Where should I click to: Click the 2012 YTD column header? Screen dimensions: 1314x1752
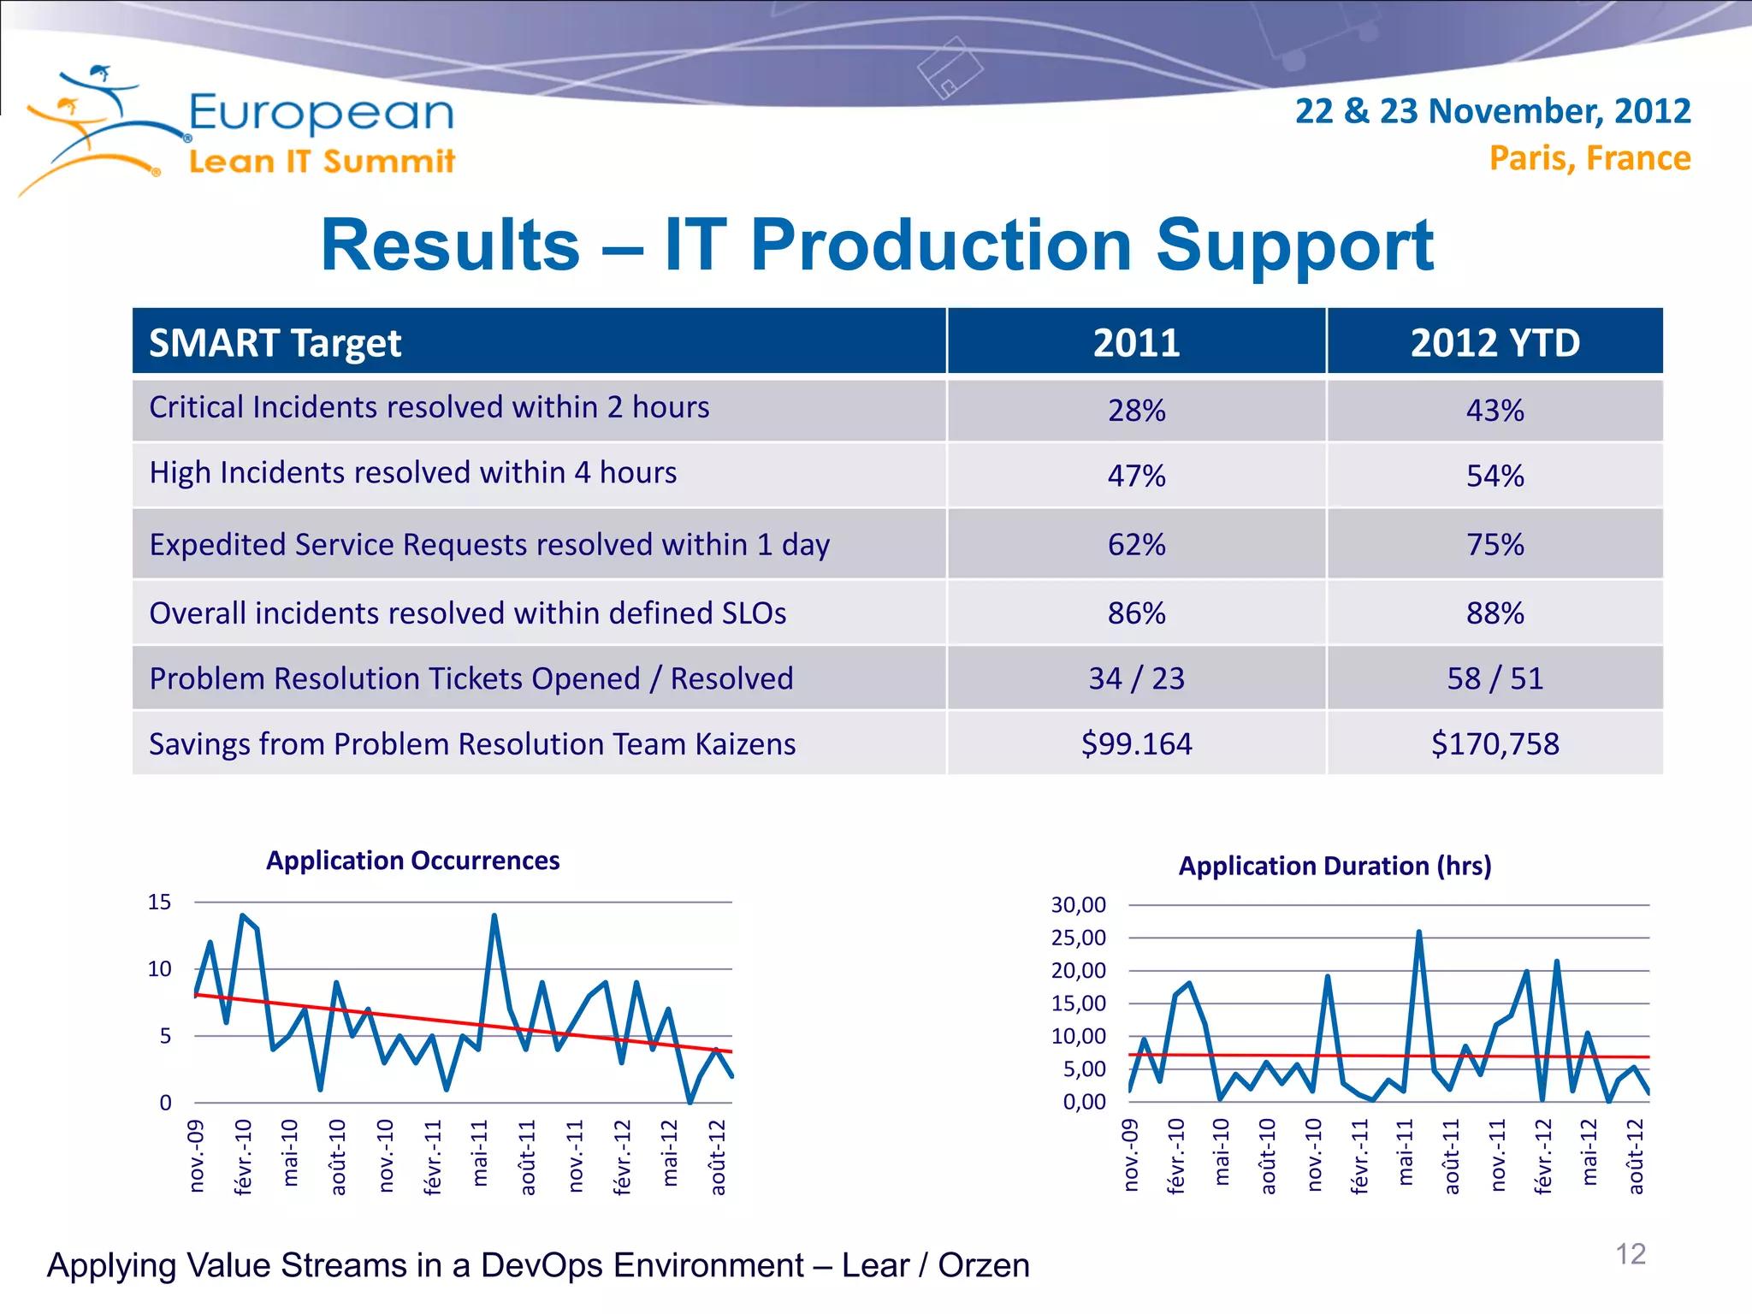(x=1495, y=343)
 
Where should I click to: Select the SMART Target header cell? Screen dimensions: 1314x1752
(x=275, y=343)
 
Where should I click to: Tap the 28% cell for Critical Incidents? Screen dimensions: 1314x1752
(x=1136, y=411)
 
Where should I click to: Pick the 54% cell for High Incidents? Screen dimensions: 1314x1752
(x=1495, y=476)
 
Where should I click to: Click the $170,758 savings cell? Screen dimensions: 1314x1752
(x=1495, y=743)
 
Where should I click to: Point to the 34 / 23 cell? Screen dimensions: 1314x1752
(x=1136, y=678)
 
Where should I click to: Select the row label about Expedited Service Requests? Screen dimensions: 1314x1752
(x=489, y=545)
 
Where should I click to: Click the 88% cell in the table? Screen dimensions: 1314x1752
(x=1495, y=613)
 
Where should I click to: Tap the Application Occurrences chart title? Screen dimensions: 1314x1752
(x=412, y=861)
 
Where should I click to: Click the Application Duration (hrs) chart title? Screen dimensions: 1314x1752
(x=1335, y=866)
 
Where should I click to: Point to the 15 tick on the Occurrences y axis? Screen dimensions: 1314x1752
(x=159, y=903)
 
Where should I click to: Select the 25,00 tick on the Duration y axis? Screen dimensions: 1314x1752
(x=1078, y=938)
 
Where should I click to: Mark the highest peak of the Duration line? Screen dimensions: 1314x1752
(x=1418, y=932)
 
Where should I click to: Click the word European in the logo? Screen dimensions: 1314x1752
(x=321, y=114)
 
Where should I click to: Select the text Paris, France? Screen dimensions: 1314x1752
(x=1589, y=158)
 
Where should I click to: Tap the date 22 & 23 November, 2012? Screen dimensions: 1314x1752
(x=1492, y=111)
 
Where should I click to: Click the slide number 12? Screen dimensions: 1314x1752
(x=1630, y=1254)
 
